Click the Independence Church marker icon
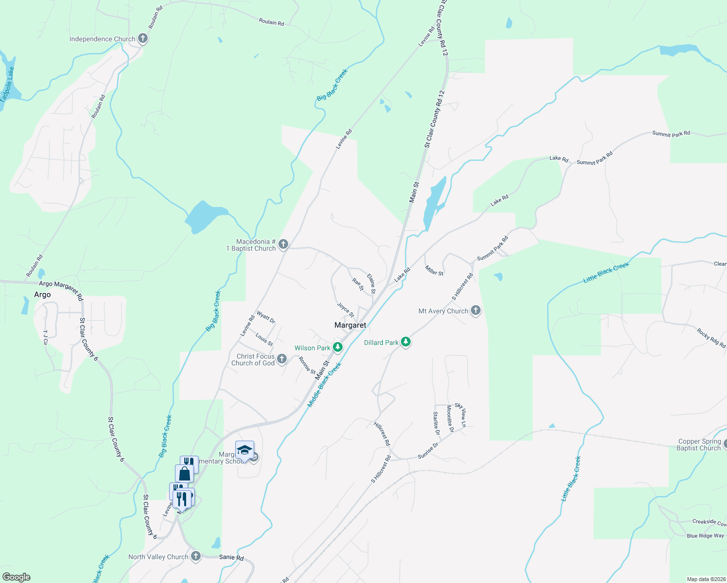pos(142,38)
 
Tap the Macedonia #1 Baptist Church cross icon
pos(283,244)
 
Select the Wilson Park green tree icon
pos(337,347)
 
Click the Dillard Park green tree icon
pos(406,342)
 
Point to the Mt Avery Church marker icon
pos(476,310)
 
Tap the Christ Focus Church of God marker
pos(282,359)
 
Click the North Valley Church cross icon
pos(196,556)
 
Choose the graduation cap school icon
pos(244,450)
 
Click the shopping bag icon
pos(185,473)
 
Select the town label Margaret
pos(350,325)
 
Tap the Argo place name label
pos(42,294)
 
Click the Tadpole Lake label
pos(7,84)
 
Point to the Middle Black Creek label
pos(325,384)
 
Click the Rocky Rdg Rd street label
pos(711,338)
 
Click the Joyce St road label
pos(346,309)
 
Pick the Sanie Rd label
pos(231,557)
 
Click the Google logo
pos(17,577)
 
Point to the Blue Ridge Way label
pos(705,536)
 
